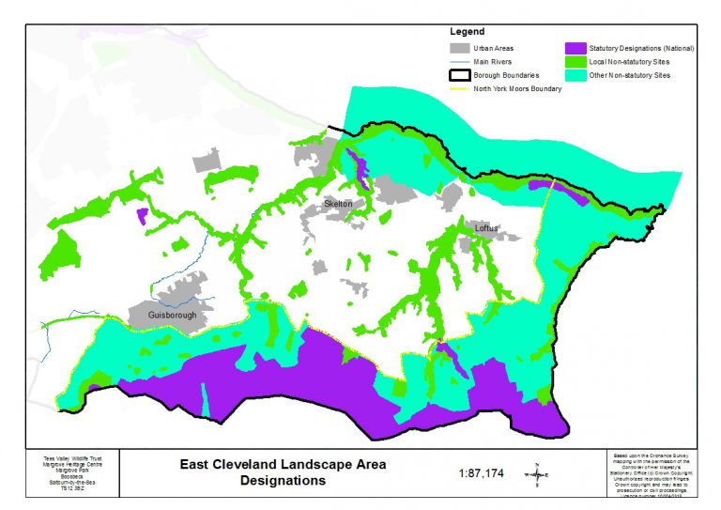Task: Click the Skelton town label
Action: pyautogui.click(x=337, y=204)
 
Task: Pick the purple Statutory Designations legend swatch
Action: pyautogui.click(x=575, y=47)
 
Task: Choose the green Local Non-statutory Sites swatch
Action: pyautogui.click(x=575, y=60)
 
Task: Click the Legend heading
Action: pyautogui.click(x=467, y=32)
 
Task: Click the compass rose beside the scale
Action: pyautogui.click(x=536, y=472)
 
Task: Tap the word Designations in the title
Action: pyautogui.click(x=283, y=481)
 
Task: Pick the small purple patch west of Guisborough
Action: pyautogui.click(x=142, y=217)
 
